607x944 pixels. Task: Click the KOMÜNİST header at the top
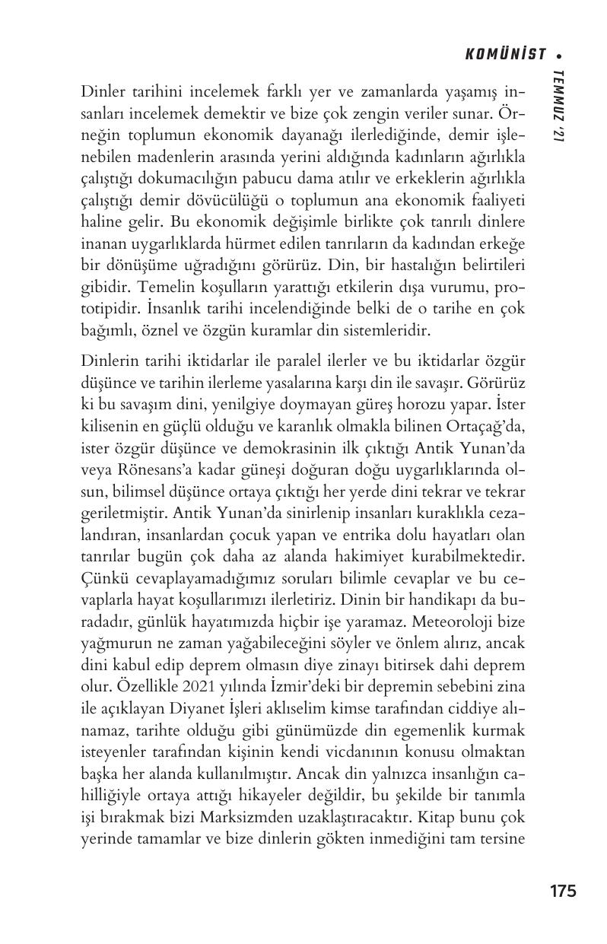tap(505, 54)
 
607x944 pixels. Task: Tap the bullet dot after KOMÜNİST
tap(559, 55)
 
